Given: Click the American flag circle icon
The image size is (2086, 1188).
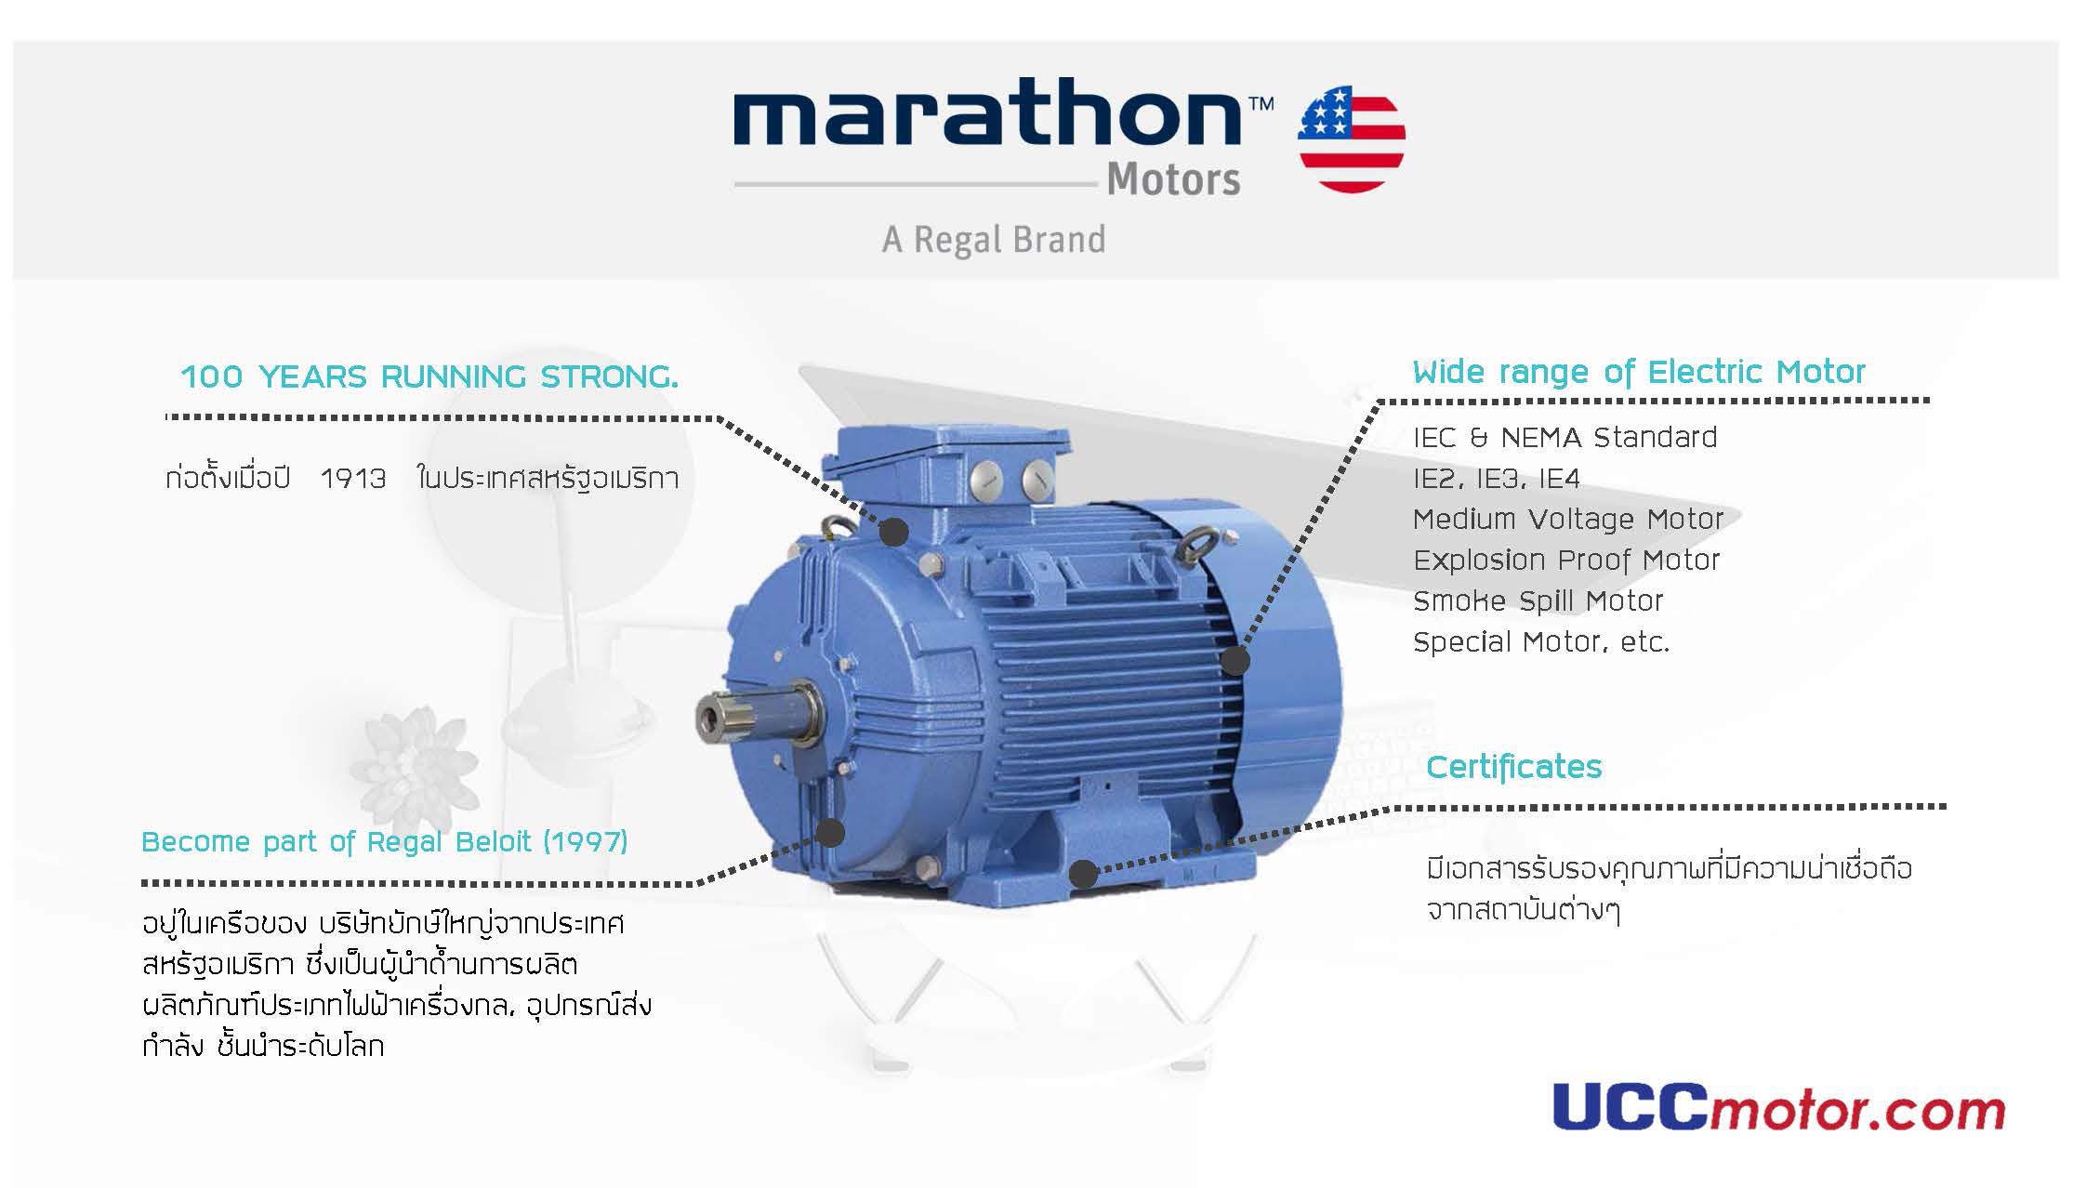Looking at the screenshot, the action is pos(1352,139).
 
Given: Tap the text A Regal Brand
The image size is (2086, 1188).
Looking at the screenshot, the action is pos(994,240).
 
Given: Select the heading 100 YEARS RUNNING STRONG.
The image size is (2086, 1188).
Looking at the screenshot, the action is pos(429,377).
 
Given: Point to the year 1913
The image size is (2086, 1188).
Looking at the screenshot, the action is pos(353,479).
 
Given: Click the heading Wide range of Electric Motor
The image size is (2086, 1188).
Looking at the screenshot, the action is pos(1639,372).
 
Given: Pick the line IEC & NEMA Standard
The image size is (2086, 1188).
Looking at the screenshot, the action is pos(1565,437).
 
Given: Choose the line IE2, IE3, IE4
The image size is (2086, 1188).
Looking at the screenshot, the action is pos(1497,479).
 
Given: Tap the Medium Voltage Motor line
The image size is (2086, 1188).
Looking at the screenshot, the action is pos(1568,519).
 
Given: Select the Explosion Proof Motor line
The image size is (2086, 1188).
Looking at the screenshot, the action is pos(1566,561).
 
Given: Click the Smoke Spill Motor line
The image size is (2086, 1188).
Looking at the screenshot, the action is pos(1538,601).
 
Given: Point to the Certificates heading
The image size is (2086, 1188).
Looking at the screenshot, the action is pos(1514,767).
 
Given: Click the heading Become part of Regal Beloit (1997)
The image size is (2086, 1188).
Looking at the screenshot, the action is pos(385,842).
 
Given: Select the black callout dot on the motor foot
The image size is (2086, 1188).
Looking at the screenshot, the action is pos(1083,874).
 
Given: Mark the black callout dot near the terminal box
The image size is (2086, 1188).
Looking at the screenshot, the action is pos(894,533).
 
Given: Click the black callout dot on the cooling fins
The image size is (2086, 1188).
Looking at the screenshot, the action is pos(1235,661).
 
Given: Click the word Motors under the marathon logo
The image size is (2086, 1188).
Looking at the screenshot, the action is pos(1173,179).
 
